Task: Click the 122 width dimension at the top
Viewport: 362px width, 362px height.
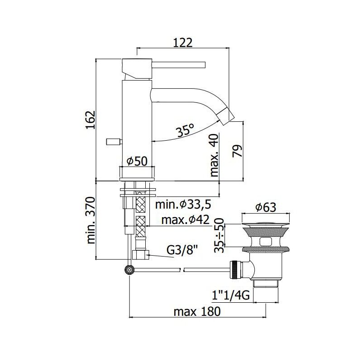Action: coord(183,43)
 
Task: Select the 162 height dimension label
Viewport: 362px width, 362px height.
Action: coord(90,120)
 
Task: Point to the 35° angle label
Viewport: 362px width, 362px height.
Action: coord(185,131)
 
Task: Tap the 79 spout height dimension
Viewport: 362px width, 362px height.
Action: coord(237,151)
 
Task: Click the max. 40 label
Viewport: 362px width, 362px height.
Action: coord(214,155)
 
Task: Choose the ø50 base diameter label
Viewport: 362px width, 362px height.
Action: coord(137,161)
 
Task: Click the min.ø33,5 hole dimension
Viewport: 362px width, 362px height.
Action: coord(183,205)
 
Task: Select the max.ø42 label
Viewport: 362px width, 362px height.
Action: coord(186,220)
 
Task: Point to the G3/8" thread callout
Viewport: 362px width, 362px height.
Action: coord(182,251)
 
